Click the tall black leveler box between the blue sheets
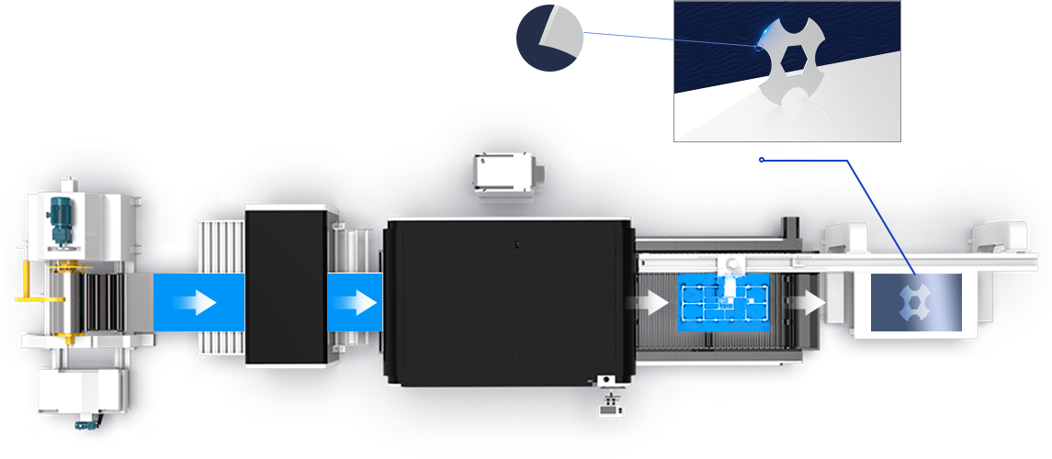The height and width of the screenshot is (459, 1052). click(x=286, y=286)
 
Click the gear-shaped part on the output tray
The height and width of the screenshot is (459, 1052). click(x=916, y=302)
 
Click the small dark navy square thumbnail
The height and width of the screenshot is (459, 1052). click(x=549, y=39)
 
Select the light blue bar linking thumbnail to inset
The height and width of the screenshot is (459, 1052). click(x=628, y=39)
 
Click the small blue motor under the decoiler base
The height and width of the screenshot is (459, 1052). click(x=87, y=421)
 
